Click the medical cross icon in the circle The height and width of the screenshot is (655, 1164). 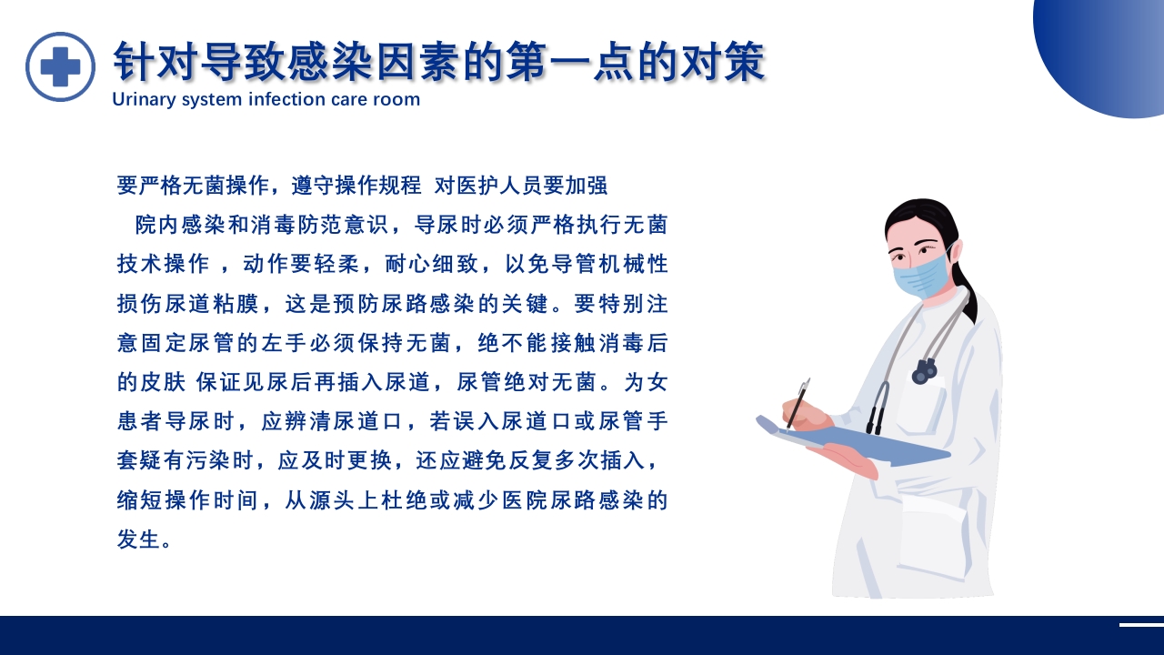click(60, 66)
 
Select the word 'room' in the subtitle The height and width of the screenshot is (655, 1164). click(397, 99)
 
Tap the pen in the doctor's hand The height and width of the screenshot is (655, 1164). click(798, 405)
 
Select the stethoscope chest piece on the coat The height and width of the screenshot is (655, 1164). click(925, 370)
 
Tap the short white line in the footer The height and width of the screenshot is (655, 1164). click(1141, 625)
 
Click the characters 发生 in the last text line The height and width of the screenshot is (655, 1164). click(138, 539)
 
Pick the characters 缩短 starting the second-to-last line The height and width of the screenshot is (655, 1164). click(138, 499)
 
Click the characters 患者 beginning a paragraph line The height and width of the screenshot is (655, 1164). click(138, 421)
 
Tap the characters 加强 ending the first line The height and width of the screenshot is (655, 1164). click(587, 186)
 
